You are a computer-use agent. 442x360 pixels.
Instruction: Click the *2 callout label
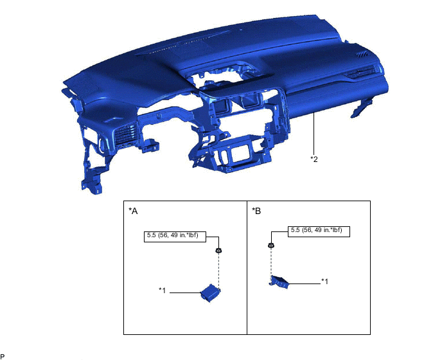coord(314,159)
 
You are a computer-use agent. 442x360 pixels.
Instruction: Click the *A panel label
coord(133,211)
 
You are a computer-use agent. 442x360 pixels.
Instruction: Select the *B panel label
coord(256,211)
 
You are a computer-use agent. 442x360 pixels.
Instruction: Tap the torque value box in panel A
coord(175,237)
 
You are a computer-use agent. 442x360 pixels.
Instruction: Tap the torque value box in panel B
coord(319,231)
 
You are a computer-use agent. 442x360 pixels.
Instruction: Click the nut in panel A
coord(218,250)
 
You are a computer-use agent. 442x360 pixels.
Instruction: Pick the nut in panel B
coord(271,245)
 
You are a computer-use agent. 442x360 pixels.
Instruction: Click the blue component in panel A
coord(210,293)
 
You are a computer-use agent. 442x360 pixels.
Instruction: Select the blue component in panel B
coord(279,282)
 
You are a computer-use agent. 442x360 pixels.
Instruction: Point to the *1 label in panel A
coord(163,290)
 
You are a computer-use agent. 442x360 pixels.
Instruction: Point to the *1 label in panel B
coord(324,282)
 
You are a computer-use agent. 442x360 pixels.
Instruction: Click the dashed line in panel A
coord(218,271)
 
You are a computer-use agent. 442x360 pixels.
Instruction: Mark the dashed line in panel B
coord(271,262)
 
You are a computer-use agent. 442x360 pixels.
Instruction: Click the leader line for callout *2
coord(314,133)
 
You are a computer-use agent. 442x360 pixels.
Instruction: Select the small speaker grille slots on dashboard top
coord(362,55)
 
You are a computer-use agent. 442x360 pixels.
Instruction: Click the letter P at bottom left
coord(3,356)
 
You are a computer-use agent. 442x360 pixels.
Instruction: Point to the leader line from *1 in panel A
coord(185,292)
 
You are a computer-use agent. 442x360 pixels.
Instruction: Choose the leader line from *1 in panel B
coord(305,283)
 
